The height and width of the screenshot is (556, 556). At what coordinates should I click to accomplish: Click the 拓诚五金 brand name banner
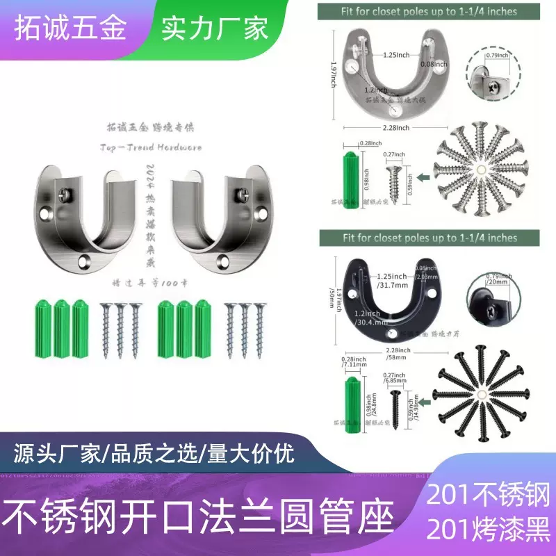pos(73,29)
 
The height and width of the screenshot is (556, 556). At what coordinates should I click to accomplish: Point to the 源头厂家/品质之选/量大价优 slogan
pos(154,454)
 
